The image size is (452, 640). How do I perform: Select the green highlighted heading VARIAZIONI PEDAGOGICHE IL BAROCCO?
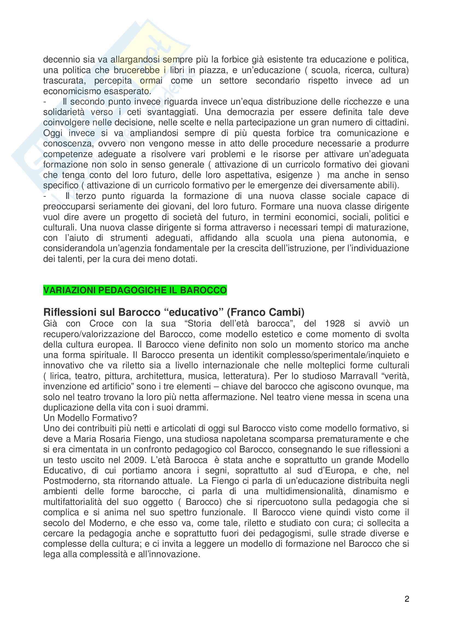[135, 290]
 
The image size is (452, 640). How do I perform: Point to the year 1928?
[335, 323]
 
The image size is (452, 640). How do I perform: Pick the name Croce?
[101, 323]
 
